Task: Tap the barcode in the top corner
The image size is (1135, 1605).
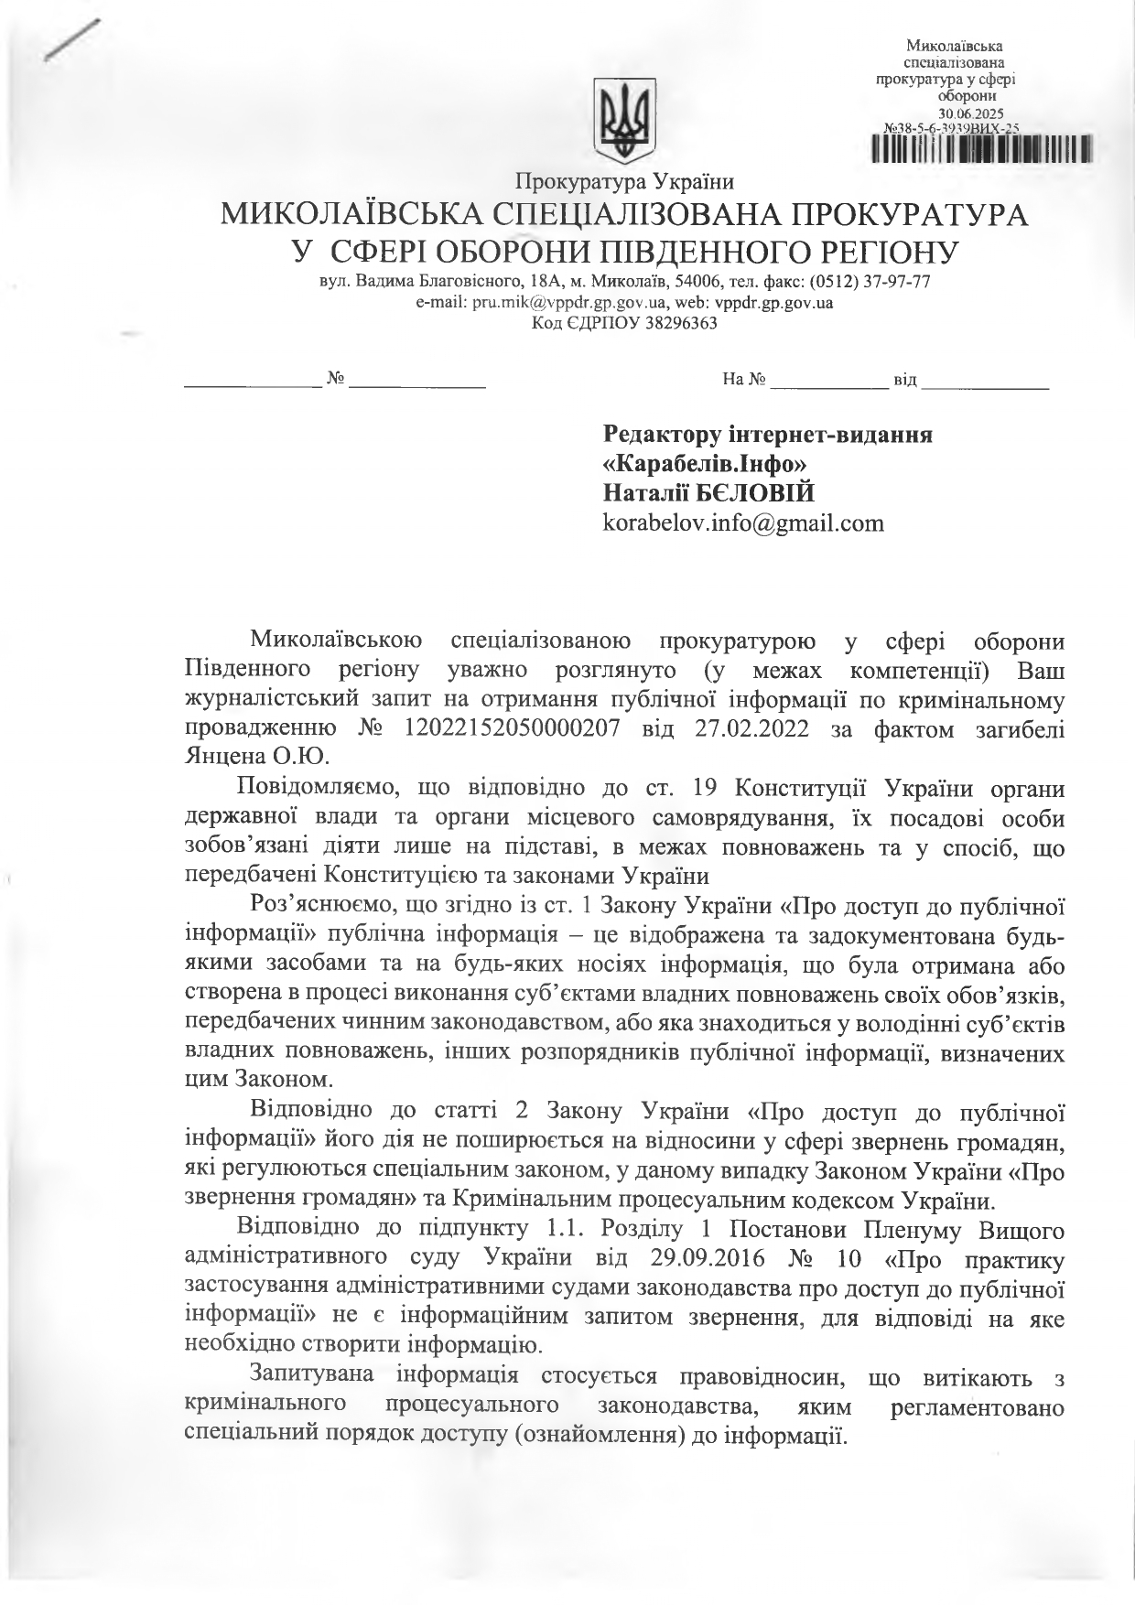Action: click(981, 147)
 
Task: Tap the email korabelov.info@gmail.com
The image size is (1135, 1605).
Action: click(743, 523)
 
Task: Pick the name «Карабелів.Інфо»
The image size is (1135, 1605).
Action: click(704, 464)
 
